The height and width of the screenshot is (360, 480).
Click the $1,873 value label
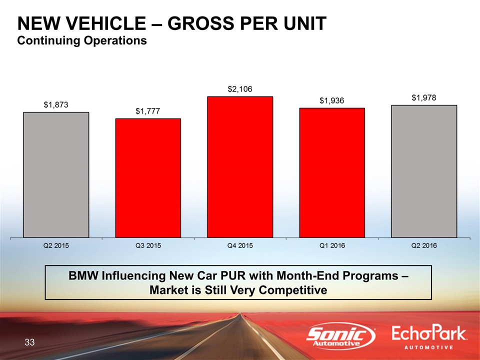tap(55, 105)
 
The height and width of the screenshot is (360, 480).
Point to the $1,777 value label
tap(147, 111)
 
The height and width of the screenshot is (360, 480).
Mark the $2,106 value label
tap(240, 89)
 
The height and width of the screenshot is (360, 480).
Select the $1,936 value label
tap(332, 101)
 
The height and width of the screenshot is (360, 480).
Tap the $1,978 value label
tap(424, 98)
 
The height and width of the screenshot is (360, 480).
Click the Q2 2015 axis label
tap(56, 245)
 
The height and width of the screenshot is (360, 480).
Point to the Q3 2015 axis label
tap(148, 245)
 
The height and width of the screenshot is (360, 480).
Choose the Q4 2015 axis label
tap(240, 245)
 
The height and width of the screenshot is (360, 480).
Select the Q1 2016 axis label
tap(332, 245)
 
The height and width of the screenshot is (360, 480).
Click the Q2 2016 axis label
tap(424, 245)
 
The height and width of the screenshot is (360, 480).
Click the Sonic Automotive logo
tap(341, 337)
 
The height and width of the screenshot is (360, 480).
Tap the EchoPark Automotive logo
tap(429, 338)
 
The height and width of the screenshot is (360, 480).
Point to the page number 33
tap(30, 342)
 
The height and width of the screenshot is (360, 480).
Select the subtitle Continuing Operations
tap(82, 40)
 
